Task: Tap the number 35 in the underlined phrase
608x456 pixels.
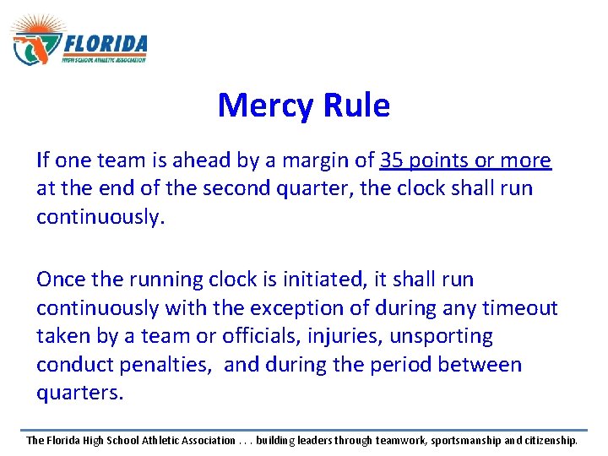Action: click(x=392, y=160)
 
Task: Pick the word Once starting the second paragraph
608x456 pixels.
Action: click(x=60, y=279)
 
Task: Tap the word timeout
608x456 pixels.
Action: click(x=520, y=307)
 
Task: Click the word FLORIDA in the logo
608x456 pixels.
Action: click(x=105, y=44)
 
